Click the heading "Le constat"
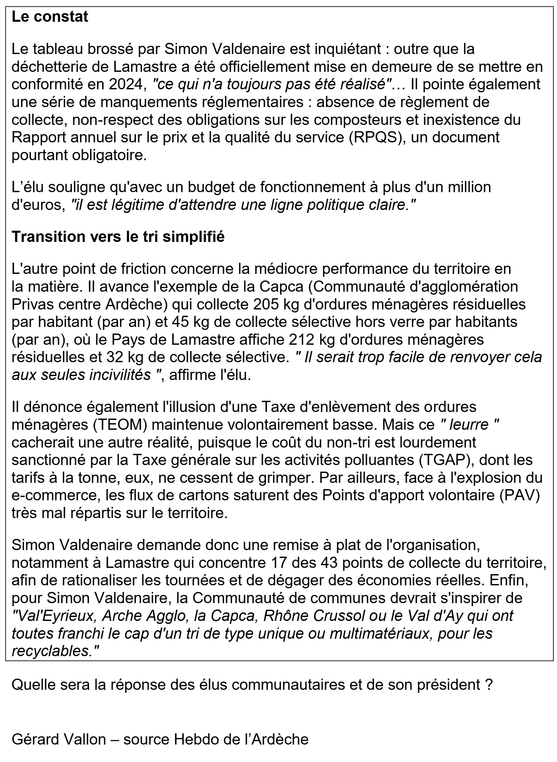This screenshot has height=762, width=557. click(x=50, y=17)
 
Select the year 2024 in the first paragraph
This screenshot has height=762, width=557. click(x=126, y=84)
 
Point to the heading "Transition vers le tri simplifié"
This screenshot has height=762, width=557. click(x=118, y=237)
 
